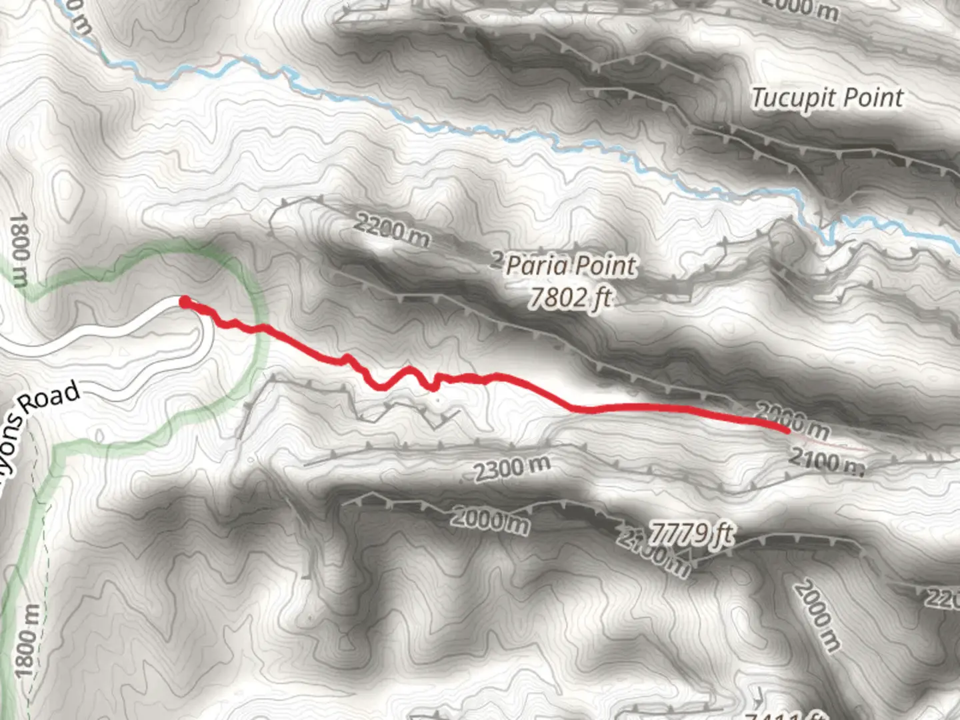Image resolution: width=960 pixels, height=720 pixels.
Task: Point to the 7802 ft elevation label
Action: click(x=570, y=297)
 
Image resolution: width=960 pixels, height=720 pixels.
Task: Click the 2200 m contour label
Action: click(x=391, y=231)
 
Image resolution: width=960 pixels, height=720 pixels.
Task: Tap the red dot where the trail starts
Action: click(x=185, y=302)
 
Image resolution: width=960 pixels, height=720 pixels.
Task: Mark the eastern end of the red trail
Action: click(x=787, y=430)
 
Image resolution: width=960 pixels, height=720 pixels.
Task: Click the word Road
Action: click(x=48, y=398)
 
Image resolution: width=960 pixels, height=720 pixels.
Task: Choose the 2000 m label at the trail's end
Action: click(x=793, y=421)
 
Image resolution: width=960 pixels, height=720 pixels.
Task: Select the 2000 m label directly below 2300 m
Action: click(x=490, y=519)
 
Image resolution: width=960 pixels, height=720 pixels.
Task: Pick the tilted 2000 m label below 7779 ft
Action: click(x=817, y=615)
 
